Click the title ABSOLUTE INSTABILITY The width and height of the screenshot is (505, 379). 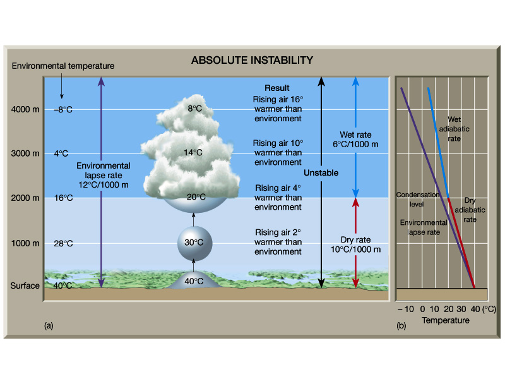click(252, 61)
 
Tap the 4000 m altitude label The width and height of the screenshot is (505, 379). click(25, 109)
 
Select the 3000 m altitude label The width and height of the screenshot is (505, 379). click(25, 153)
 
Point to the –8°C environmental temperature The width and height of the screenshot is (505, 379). click(63, 109)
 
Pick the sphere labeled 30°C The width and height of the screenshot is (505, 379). click(194, 242)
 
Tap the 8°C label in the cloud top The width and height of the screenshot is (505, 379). click(194, 109)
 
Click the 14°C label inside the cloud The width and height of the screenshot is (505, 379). click(193, 153)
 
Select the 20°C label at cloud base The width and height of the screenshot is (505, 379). click(196, 196)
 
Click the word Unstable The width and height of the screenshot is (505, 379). click(321, 173)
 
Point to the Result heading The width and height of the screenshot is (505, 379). click(277, 88)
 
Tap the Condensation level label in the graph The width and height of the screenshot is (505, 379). click(417, 199)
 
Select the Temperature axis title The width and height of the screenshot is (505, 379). click(446, 320)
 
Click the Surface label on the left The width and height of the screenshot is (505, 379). click(25, 286)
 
